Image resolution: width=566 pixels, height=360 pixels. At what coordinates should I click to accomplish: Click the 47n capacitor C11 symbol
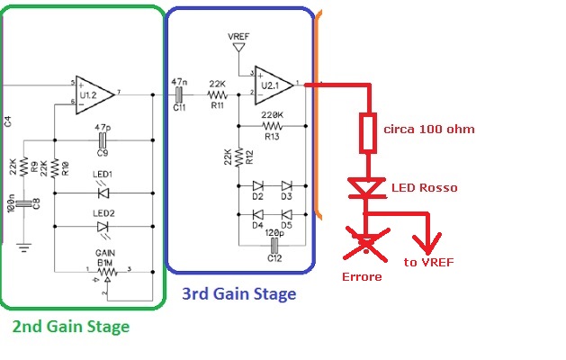pyautogui.click(x=179, y=93)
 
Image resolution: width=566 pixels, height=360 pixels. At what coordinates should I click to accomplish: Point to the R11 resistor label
pyautogui.click(x=217, y=105)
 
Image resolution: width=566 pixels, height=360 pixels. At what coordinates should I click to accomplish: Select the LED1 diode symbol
pyautogui.click(x=104, y=192)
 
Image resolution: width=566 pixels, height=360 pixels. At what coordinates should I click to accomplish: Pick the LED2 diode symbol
pyautogui.click(x=104, y=227)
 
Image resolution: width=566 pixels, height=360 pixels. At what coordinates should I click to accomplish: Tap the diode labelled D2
pyautogui.click(x=258, y=185)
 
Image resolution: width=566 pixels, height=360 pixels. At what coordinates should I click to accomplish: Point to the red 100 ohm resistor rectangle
pyautogui.click(x=367, y=131)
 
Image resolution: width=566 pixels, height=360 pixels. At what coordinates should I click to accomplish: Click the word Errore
pyautogui.click(x=364, y=276)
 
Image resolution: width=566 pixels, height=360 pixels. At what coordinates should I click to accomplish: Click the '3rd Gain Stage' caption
pyautogui.click(x=238, y=293)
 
